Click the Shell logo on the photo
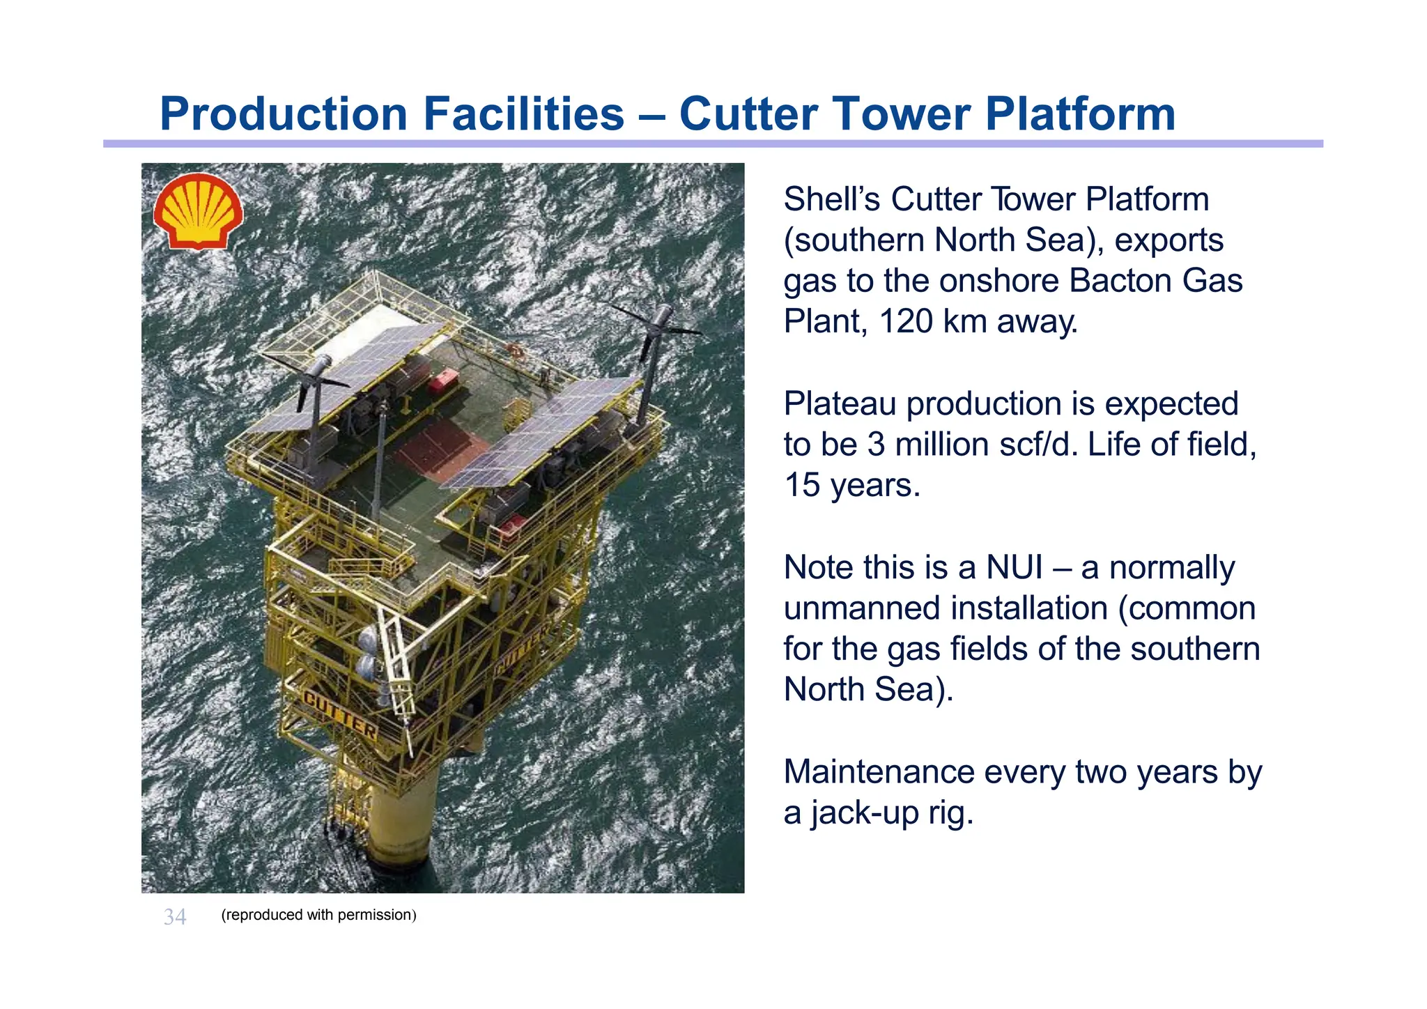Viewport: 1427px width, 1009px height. click(x=199, y=210)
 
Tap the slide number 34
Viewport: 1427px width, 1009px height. click(x=175, y=916)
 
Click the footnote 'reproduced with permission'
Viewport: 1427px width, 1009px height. click(x=318, y=915)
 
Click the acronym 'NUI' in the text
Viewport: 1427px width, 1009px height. click(x=1014, y=567)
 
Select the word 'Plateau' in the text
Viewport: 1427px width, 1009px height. click(x=840, y=403)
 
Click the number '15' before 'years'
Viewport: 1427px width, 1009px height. click(x=802, y=485)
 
